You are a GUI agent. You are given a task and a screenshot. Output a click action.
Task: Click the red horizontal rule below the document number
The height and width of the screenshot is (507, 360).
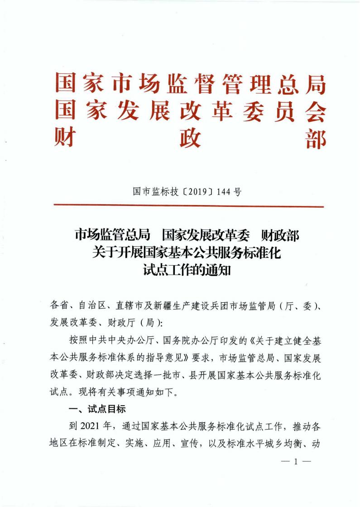pyautogui.click(x=189, y=206)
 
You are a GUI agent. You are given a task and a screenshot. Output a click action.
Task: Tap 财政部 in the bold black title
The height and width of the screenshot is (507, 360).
pyautogui.click(x=281, y=235)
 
